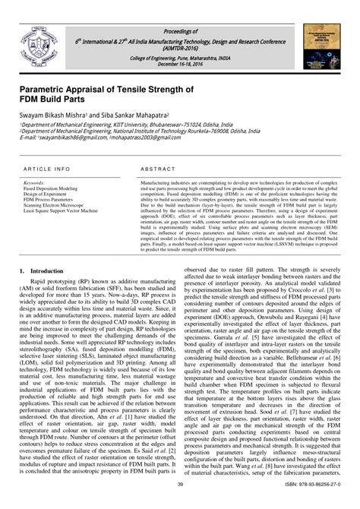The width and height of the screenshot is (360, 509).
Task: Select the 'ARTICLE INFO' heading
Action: click(x=47, y=168)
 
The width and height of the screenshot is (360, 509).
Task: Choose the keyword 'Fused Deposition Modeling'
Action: click(x=50, y=188)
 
